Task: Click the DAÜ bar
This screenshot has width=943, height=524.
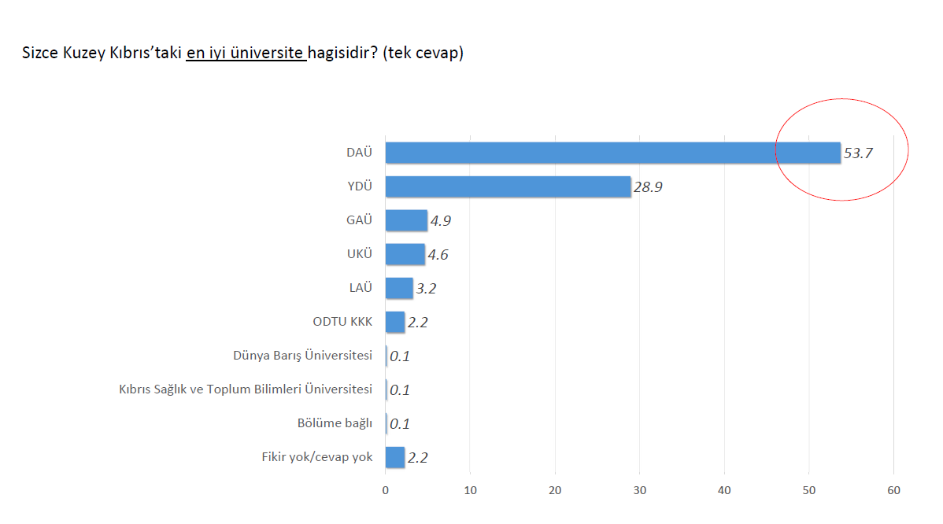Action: click(612, 153)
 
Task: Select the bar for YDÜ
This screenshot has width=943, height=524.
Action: click(508, 186)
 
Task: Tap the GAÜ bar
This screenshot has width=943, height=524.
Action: click(406, 220)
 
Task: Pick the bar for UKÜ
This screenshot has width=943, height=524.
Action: click(405, 254)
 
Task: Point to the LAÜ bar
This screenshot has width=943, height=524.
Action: click(399, 288)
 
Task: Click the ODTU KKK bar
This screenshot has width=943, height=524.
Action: click(395, 322)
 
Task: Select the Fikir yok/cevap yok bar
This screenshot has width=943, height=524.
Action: click(395, 457)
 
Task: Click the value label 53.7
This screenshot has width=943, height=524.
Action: click(858, 153)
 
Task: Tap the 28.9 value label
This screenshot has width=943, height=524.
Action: click(649, 187)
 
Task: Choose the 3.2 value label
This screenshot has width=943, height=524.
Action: click(425, 289)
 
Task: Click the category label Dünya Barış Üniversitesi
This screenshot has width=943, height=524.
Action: click(302, 355)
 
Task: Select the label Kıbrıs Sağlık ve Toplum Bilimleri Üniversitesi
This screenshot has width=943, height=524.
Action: click(245, 389)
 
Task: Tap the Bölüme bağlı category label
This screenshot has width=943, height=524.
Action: click(335, 423)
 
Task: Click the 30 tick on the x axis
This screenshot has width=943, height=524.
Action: click(640, 491)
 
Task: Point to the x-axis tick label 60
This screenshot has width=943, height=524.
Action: click(893, 491)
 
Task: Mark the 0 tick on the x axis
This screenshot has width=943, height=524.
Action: click(386, 491)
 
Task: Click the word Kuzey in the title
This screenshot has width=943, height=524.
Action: click(81, 54)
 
